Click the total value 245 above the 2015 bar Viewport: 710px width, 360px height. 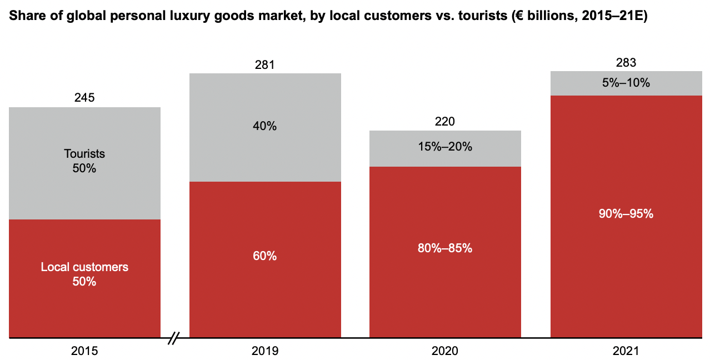coord(84,98)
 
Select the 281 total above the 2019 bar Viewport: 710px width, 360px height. coord(265,65)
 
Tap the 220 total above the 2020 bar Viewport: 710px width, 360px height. coord(445,122)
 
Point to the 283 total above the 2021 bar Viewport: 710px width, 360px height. coord(626,62)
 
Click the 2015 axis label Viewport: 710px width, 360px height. coord(84,351)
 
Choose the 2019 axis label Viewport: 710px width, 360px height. coord(265,351)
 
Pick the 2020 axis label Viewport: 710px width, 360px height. coord(445,351)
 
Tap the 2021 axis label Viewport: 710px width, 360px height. coord(626,351)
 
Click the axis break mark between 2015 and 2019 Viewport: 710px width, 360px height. coord(174,337)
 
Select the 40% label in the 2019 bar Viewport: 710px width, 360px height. coord(265,126)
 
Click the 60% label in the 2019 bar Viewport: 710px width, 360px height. coord(265,256)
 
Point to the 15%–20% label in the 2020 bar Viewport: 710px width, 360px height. coord(445,147)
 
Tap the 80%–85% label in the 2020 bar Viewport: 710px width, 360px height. coord(445,248)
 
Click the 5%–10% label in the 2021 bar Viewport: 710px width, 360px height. coord(626,83)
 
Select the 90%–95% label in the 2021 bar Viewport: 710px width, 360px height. coord(626,214)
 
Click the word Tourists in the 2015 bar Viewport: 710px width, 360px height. coord(84,154)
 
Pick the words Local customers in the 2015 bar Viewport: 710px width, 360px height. coord(84,267)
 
